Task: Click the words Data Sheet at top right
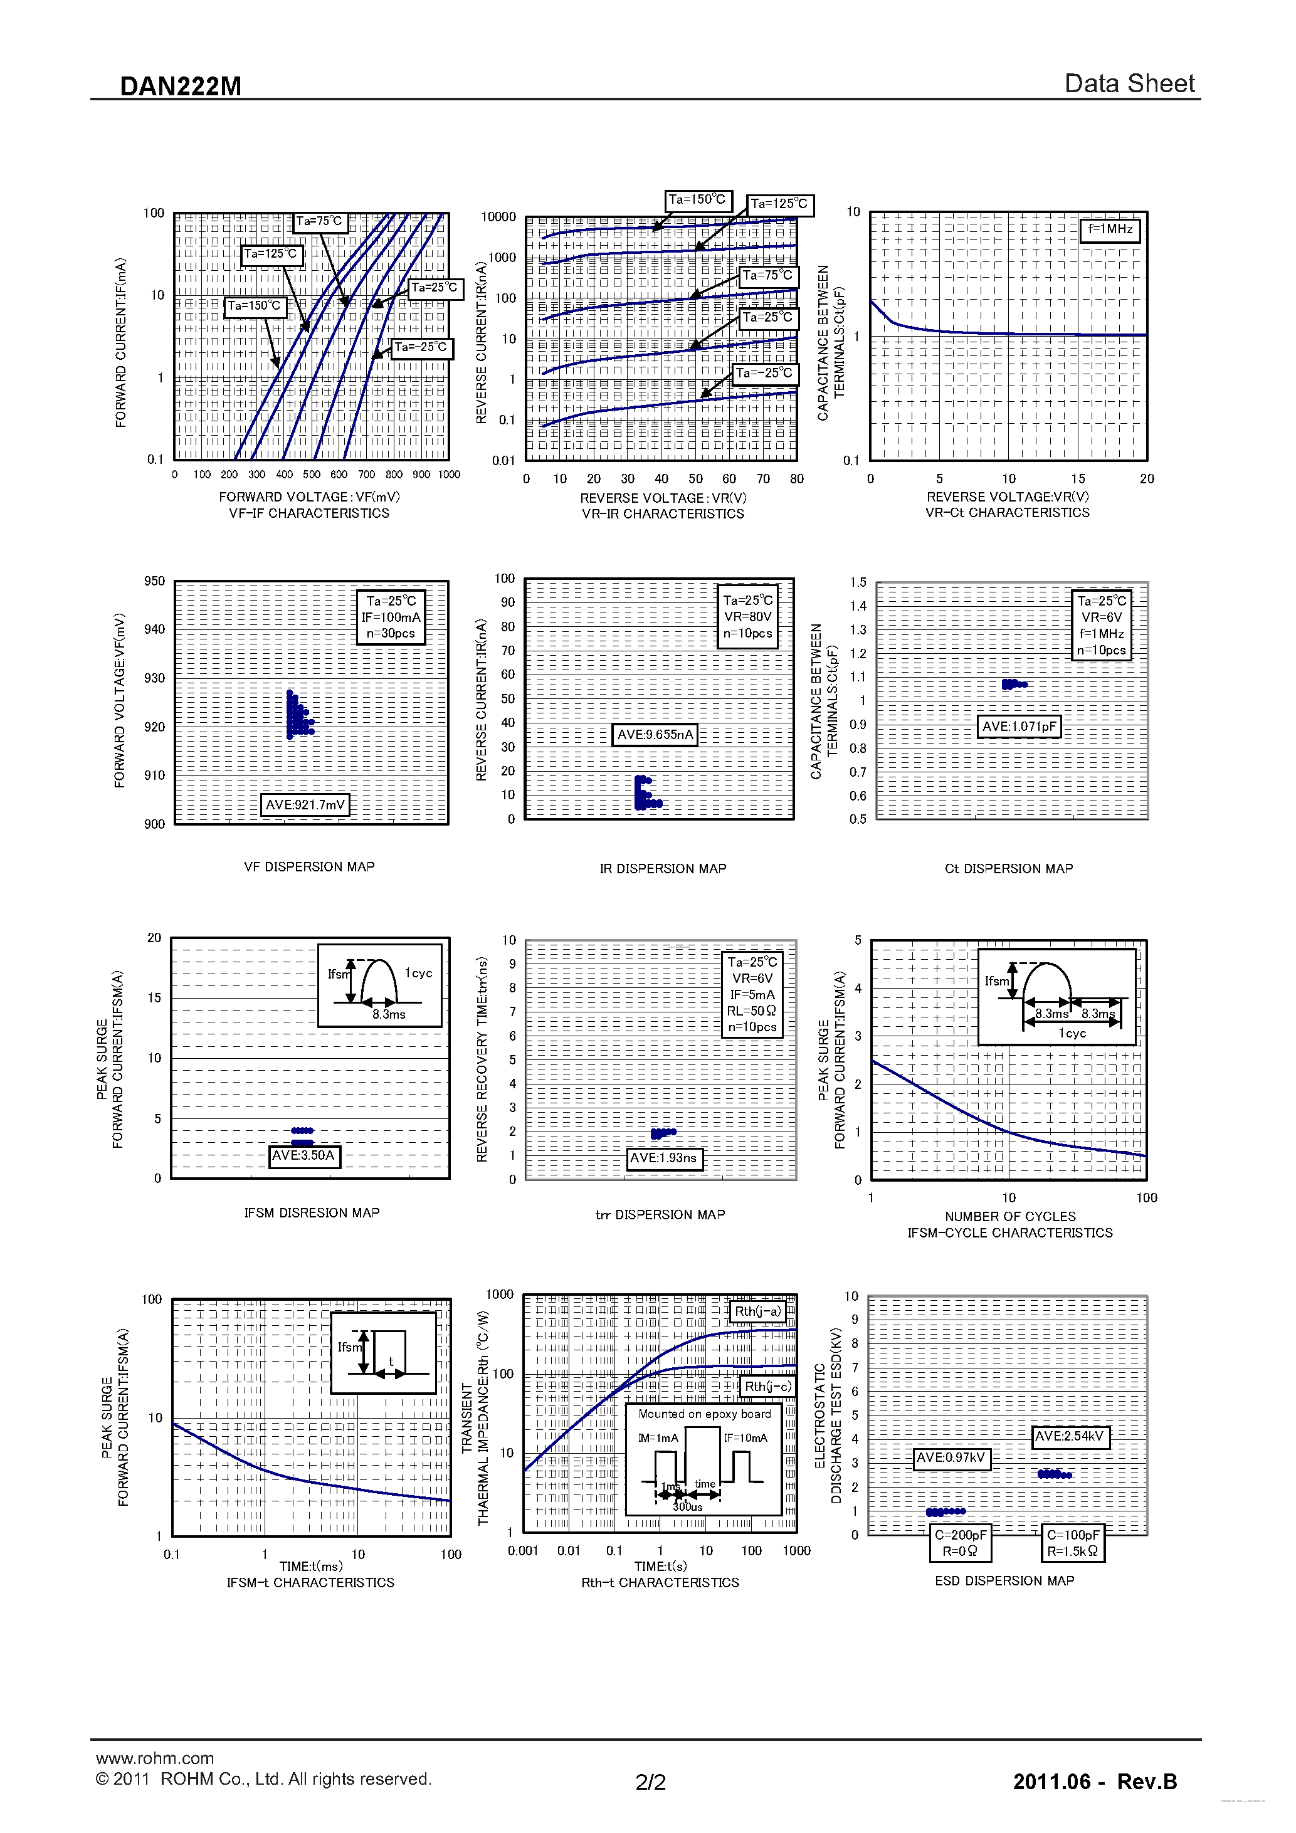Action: (1129, 83)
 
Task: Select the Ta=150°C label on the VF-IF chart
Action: (255, 306)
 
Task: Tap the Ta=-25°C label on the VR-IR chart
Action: (765, 374)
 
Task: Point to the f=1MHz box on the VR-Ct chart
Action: (1110, 229)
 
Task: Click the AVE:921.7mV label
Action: (305, 805)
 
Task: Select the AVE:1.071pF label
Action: (1019, 727)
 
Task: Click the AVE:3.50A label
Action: (303, 1155)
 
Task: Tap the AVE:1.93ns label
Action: (663, 1158)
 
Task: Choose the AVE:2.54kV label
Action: (1070, 1437)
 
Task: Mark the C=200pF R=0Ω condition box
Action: (961, 1542)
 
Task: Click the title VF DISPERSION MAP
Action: (309, 867)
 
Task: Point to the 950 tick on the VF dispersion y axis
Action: (154, 581)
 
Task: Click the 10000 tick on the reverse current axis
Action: (498, 217)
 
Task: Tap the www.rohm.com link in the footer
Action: (155, 1758)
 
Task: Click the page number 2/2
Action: (650, 1782)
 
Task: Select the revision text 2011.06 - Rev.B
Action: (1095, 1782)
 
